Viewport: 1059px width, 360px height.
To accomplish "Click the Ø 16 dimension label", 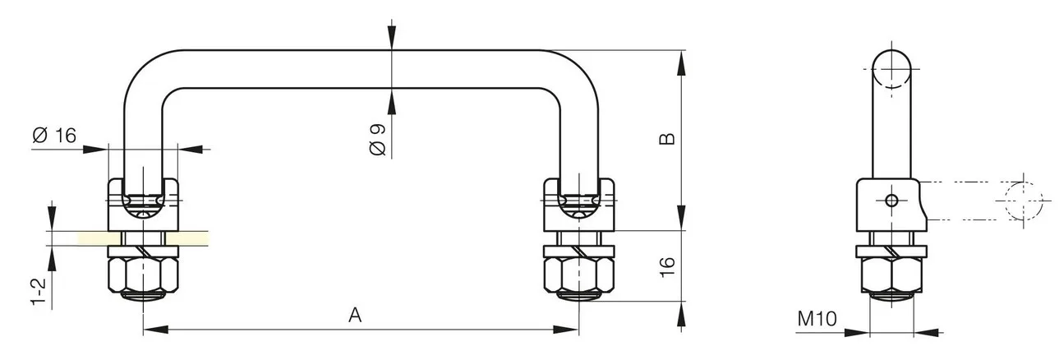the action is (x=54, y=136).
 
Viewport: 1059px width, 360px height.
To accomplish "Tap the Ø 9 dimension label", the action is (x=377, y=140).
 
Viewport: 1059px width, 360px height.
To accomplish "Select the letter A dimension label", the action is (x=355, y=315).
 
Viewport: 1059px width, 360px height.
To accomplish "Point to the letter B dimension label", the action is (x=667, y=139).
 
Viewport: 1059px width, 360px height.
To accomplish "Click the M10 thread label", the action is (x=817, y=319).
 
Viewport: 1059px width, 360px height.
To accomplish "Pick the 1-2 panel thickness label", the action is (x=39, y=292).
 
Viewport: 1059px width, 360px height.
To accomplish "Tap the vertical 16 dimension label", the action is (x=666, y=267).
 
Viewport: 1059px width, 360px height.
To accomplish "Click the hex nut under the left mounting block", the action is (x=143, y=275).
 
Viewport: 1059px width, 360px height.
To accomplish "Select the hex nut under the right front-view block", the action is (x=579, y=275).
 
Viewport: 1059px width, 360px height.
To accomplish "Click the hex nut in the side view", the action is (x=891, y=275).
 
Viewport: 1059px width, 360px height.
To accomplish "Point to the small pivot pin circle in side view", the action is (x=891, y=201).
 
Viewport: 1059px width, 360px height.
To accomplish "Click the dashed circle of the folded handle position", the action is (x=1024, y=201).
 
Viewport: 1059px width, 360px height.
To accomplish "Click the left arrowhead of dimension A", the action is (x=155, y=330).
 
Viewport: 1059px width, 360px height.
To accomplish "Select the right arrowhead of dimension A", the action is (x=566, y=330).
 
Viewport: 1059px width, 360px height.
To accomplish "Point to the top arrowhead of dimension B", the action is (x=681, y=63).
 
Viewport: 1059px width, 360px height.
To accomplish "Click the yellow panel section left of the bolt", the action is (x=94, y=238).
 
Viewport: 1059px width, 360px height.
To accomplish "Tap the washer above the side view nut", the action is (x=891, y=252).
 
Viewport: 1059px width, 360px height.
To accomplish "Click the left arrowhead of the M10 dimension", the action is (x=857, y=333).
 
